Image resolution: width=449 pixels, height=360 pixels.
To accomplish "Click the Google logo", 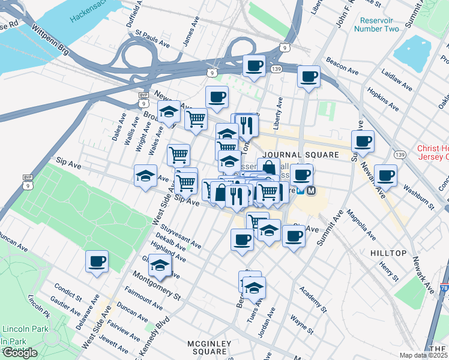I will (19, 353).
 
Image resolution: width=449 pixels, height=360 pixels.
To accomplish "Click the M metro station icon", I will (311, 191).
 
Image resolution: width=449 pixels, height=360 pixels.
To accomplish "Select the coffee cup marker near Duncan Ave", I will (97, 261).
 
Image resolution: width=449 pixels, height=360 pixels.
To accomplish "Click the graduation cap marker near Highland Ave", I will (160, 265).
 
